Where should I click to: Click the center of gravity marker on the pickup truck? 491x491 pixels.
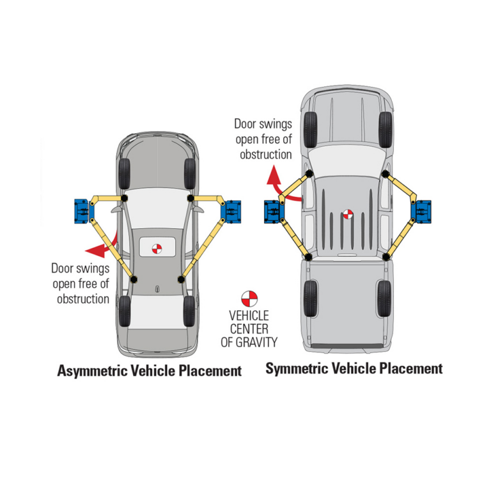click(x=347, y=215)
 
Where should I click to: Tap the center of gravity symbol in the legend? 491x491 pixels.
click(x=249, y=298)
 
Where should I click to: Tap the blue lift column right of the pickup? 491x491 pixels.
click(x=421, y=210)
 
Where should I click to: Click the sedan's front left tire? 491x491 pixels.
click(x=124, y=171)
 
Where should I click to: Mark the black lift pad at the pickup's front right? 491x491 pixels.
click(x=386, y=173)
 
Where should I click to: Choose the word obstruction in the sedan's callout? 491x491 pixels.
click(x=83, y=298)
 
